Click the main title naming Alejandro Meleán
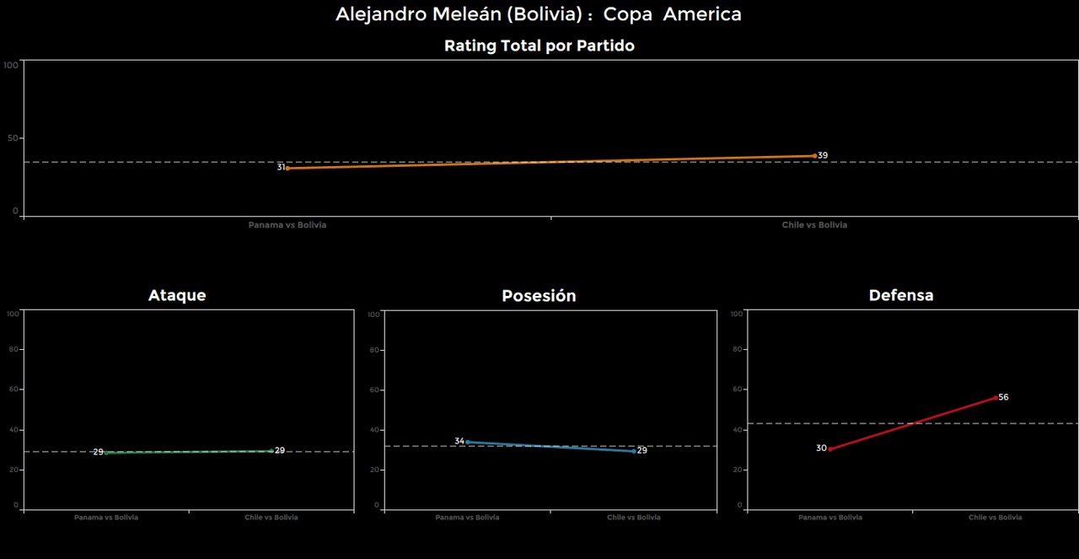tap(539, 14)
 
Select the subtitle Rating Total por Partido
tap(539, 46)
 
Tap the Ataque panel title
tap(177, 295)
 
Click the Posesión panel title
tap(539, 296)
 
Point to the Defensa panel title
tap(901, 295)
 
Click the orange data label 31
tap(282, 168)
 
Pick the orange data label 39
tap(823, 156)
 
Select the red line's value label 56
tap(1003, 397)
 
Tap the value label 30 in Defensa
tap(821, 449)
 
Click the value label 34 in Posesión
tap(459, 441)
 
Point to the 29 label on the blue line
tap(641, 451)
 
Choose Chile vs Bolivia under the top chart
tap(814, 225)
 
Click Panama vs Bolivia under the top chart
tap(287, 225)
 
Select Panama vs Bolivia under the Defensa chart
tap(830, 518)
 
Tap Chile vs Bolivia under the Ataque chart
tap(271, 518)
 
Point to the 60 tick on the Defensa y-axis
tap(737, 390)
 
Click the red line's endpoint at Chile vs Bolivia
tap(996, 397)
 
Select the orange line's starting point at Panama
tap(287, 168)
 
